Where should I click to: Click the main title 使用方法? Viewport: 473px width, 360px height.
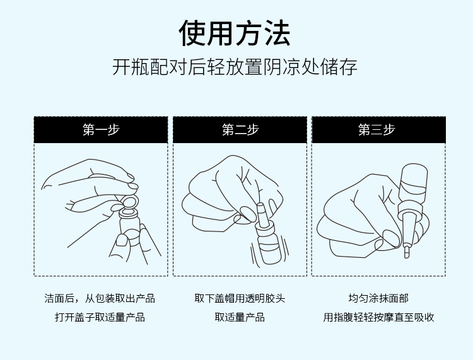point(235,33)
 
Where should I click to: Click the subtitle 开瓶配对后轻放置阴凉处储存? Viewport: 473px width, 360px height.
point(235,67)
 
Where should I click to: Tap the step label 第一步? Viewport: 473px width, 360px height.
point(101,130)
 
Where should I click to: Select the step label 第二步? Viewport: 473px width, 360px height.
point(240,130)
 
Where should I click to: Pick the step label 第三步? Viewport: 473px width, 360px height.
point(377,130)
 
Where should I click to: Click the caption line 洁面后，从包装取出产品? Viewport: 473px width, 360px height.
point(100,298)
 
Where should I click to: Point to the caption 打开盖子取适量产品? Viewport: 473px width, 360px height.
point(100,317)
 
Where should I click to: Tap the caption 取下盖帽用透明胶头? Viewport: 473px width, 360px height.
point(240,298)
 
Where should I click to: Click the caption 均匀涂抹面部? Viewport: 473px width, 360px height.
point(378,298)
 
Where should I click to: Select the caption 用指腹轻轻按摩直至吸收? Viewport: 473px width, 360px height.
point(378,317)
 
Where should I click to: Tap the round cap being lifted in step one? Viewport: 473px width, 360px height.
point(130,201)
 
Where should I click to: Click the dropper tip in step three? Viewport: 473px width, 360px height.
point(407,252)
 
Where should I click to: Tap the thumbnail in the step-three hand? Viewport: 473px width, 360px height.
point(390,238)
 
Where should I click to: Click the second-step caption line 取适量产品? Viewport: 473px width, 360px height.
point(240,317)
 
